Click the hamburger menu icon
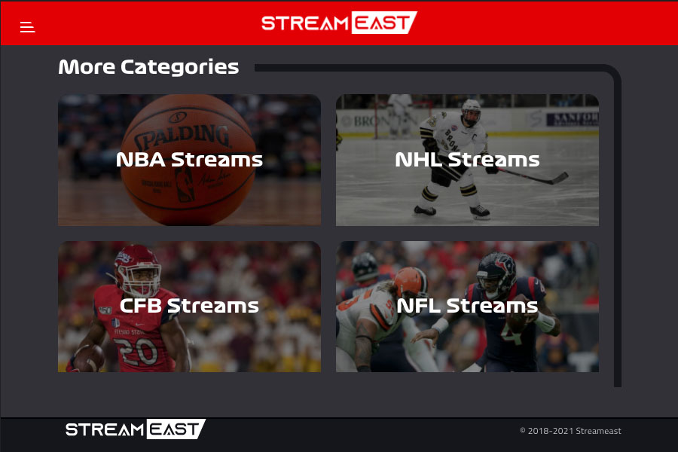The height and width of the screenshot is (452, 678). coord(27,27)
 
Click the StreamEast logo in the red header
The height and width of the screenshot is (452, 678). coord(339,23)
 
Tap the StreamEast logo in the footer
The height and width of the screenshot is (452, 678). coord(136,429)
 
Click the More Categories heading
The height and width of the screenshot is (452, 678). coord(148,67)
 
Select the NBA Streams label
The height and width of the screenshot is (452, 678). coord(189,160)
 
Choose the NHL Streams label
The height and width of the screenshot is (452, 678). coord(467,160)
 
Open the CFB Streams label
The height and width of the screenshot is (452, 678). coord(189,306)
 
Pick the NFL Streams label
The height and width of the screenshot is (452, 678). coord(467,306)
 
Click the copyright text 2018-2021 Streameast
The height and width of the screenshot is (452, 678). coord(571,431)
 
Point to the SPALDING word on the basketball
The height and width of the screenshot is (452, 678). coord(182,136)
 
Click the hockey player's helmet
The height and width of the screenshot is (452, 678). coord(471,112)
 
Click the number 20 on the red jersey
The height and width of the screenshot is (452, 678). coord(139,351)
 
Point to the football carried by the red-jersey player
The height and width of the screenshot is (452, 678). coord(88,358)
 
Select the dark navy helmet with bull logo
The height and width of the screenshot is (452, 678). coord(496,274)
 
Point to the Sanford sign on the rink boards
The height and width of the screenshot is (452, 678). coord(573,118)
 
